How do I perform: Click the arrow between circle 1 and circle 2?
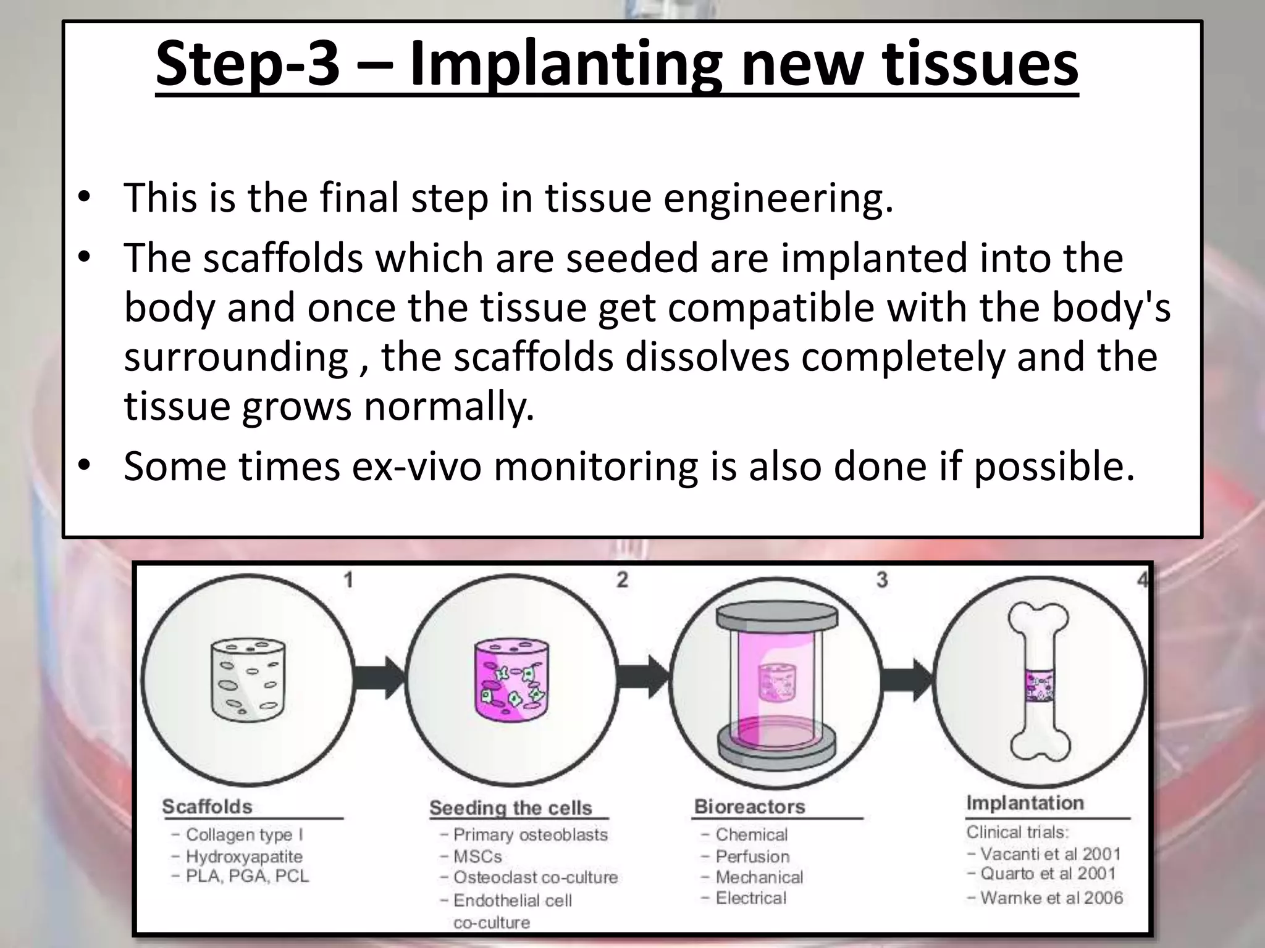tap(380, 677)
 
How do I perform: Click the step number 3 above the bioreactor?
tap(882, 580)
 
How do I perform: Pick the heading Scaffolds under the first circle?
tap(208, 807)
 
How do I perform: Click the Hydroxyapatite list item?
tap(245, 857)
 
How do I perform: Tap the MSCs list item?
tap(477, 857)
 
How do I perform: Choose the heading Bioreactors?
tap(749, 807)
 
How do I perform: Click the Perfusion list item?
tap(752, 857)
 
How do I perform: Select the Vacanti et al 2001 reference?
tap(1050, 854)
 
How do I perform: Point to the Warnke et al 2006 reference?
tap(1051, 898)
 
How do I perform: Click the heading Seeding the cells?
tap(510, 808)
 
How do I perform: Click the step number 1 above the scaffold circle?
tap(348, 580)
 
